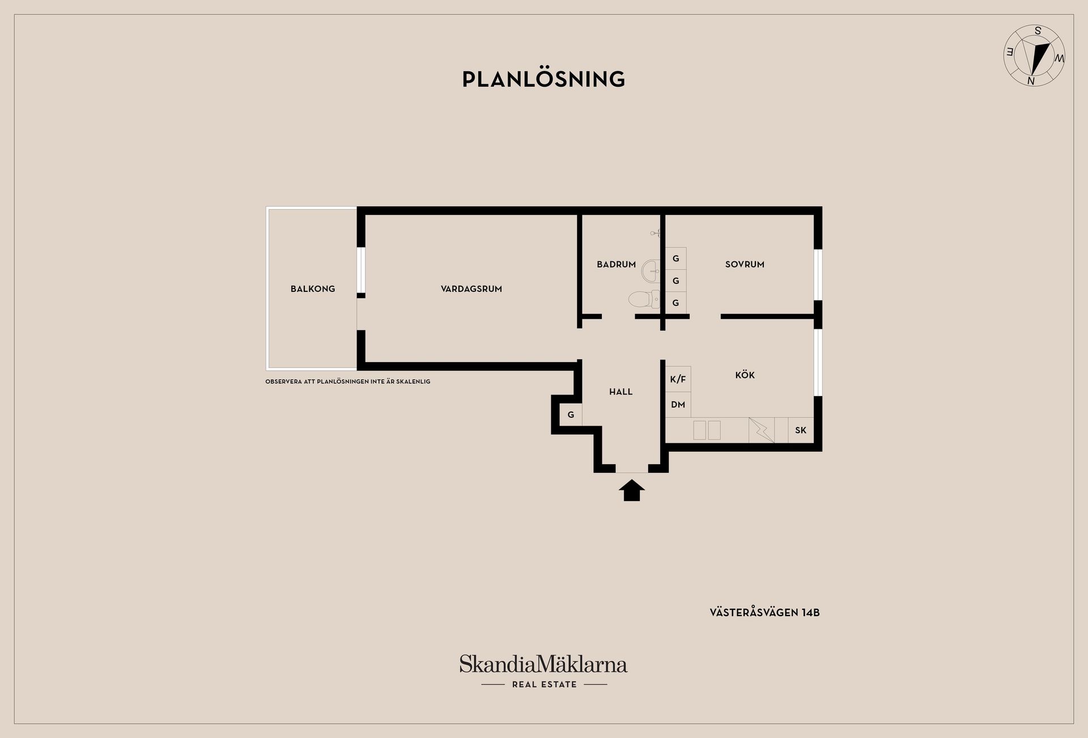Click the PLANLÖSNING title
tap(543, 79)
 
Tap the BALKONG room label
tap(313, 289)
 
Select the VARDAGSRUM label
tap(471, 289)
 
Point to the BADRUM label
tap(616, 264)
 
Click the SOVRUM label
tap(745, 264)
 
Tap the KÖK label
tap(745, 375)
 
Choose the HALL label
tap(620, 392)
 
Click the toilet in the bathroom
tap(644, 299)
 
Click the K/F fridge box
tap(678, 379)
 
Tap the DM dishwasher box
tap(678, 405)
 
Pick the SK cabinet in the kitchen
tap(801, 430)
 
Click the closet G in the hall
tap(571, 415)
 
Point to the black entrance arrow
tap(632, 490)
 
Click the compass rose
tap(1034, 56)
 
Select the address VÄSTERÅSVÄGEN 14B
tap(764, 613)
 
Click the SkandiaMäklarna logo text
tap(543, 664)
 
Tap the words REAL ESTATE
tap(545, 685)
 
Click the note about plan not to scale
tap(348, 381)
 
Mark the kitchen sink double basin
tap(707, 430)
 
